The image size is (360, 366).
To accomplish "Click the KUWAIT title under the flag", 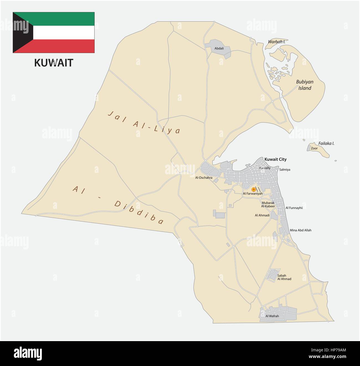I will click(x=53, y=63).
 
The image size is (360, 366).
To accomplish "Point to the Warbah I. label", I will click(x=276, y=42).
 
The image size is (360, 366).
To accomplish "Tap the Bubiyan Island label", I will click(x=304, y=85).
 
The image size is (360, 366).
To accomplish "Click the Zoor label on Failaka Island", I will click(x=314, y=148).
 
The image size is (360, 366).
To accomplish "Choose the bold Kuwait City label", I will click(x=275, y=159).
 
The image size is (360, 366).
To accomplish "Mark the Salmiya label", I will click(x=285, y=170).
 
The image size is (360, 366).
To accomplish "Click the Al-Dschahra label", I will click(x=204, y=178).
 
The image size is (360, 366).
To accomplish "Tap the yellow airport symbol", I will click(x=253, y=190).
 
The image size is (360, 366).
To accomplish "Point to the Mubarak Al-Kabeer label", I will click(x=268, y=204).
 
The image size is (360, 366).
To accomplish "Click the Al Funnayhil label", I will click(x=294, y=208).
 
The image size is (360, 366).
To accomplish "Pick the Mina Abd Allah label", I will click(x=300, y=230).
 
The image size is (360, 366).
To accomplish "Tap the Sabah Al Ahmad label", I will click(x=284, y=277).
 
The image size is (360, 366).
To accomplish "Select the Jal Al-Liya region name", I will click(x=144, y=122).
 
